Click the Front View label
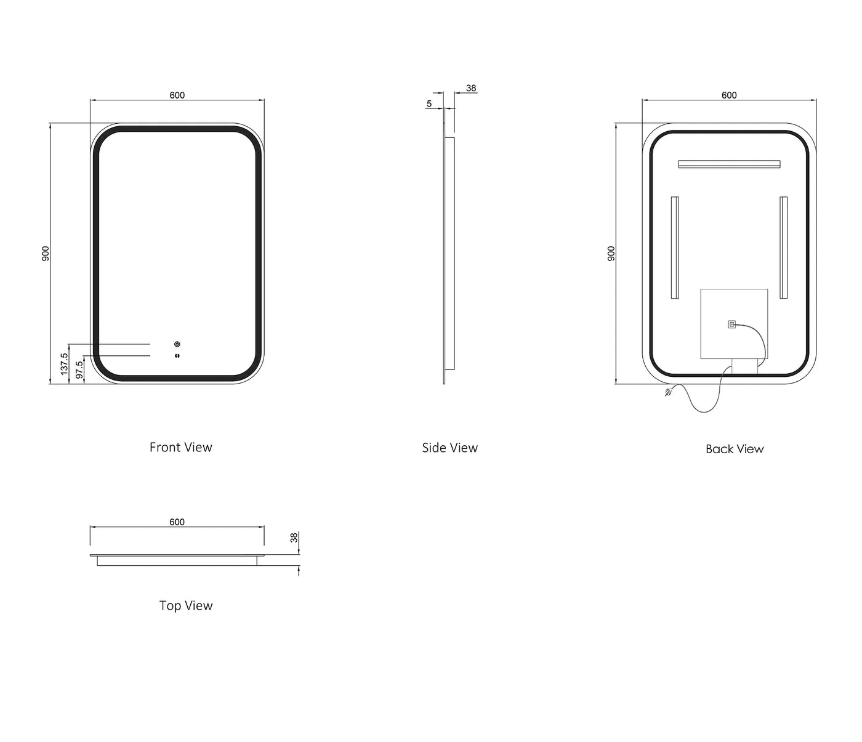point(180,447)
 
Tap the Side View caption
point(449,448)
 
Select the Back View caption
point(735,449)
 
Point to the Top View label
point(186,606)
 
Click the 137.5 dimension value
point(64,364)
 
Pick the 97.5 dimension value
point(79,369)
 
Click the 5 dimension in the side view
point(429,103)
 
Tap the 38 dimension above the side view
point(471,88)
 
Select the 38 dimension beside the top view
point(294,538)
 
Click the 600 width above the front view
point(177,95)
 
